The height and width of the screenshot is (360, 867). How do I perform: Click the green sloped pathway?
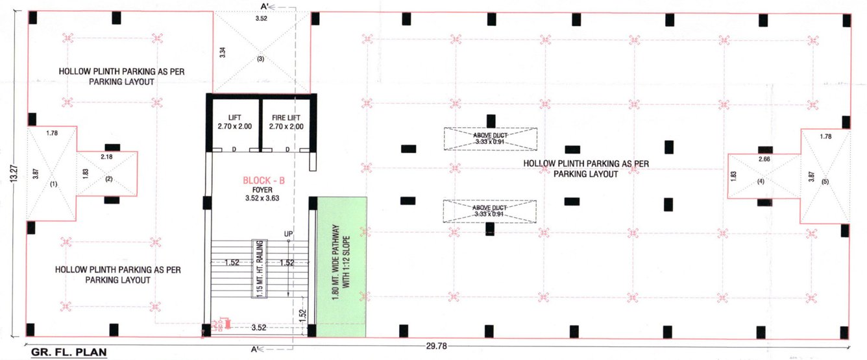341,267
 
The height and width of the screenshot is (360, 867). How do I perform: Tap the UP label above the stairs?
289,234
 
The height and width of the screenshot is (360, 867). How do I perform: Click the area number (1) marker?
53,184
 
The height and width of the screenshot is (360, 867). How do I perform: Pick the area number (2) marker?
108,180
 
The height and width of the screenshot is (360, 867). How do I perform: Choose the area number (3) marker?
260,59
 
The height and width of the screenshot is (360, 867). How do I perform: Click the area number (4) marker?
761,182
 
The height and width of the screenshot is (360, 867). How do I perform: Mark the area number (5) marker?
825,182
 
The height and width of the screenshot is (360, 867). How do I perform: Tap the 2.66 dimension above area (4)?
763,159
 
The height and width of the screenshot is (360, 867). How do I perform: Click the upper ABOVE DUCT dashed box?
491,139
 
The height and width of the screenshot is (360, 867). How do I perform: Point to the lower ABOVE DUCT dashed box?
491,211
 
